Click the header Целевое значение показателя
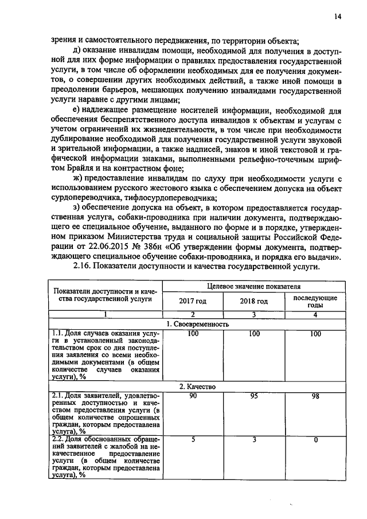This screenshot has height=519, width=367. [x=253, y=286]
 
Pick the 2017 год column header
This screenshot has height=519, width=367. [x=192, y=301]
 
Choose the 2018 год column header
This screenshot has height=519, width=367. [x=253, y=301]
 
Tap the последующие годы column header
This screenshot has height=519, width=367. [x=315, y=301]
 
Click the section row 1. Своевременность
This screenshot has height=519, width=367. [x=198, y=324]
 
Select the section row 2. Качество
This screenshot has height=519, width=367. [x=198, y=387]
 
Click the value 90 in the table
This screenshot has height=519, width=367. [x=193, y=396]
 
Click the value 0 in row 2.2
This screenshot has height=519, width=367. [x=315, y=439]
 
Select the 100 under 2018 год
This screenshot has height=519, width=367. [x=254, y=333]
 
